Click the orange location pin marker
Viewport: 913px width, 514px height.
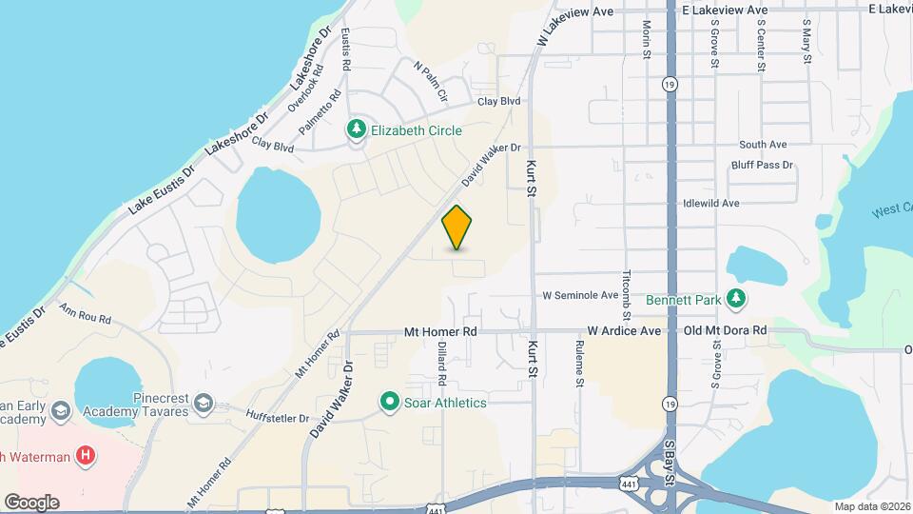point(457,227)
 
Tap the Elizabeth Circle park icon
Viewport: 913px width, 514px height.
point(357,128)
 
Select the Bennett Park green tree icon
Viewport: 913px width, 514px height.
point(735,299)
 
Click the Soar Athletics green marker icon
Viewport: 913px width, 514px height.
point(389,402)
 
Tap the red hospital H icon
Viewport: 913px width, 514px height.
point(87,456)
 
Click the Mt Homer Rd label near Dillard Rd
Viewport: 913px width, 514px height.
point(439,331)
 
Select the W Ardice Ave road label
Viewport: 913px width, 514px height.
point(623,331)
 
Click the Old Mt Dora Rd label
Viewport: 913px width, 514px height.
point(725,331)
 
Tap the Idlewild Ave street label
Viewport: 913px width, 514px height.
point(710,204)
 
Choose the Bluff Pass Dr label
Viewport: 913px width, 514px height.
point(762,166)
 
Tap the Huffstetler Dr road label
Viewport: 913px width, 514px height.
point(278,418)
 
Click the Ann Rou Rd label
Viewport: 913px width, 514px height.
point(85,312)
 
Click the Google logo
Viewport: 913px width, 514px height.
point(31,502)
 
